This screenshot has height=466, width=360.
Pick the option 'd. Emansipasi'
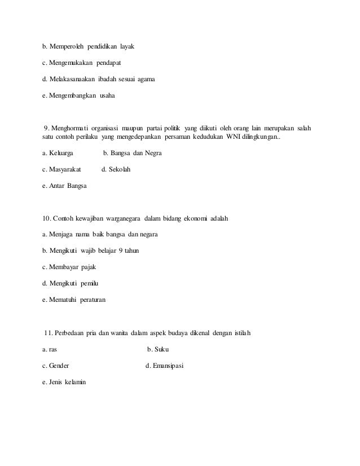coord(164,366)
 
